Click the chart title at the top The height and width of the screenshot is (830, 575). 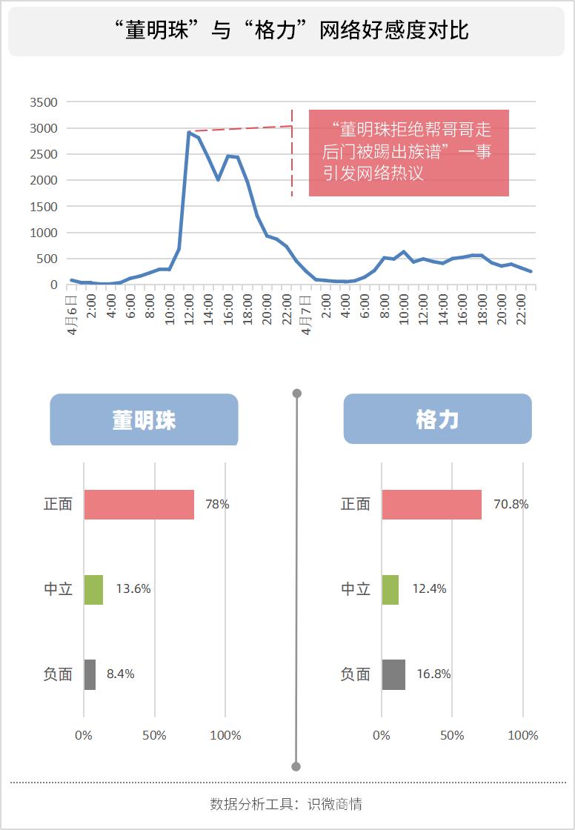pos(292,31)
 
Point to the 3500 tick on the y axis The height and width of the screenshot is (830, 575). pos(43,102)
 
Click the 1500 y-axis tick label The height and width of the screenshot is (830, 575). pos(43,207)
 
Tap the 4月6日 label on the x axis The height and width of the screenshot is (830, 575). pos(72,316)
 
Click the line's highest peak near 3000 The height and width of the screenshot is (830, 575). pos(189,132)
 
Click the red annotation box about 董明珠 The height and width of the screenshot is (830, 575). pos(408,153)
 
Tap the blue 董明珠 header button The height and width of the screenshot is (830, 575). pos(144,419)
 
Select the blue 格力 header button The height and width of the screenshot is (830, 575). pos(437,419)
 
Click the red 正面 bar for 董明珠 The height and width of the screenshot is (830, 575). pos(139,505)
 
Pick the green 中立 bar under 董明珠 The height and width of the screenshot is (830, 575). pos(93,589)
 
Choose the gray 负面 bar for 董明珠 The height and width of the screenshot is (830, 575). pos(90,674)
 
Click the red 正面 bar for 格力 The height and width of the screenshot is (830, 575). pos(431,505)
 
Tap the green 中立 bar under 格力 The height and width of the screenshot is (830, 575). pos(390,589)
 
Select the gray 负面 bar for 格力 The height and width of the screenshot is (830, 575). pos(393,674)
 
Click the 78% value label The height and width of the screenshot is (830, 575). pos(217,505)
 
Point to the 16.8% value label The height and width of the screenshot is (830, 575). pos(433,674)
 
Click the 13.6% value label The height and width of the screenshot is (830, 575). pos(133,589)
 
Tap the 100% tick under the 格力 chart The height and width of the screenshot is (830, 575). pos(523,735)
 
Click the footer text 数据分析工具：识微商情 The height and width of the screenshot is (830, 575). pos(286,804)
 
